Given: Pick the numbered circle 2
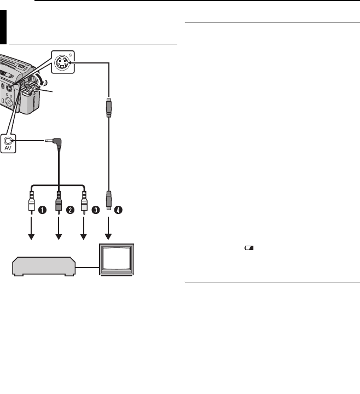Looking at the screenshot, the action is (x=71, y=208).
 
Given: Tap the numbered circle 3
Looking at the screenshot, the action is (x=96, y=208).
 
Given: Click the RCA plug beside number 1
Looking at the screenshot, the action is (x=32, y=201).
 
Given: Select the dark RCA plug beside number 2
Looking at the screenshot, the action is (x=58, y=201).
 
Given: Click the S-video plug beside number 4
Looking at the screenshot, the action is (x=109, y=200).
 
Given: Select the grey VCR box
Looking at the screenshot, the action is (x=43, y=266).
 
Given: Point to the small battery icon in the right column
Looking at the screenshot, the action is (x=249, y=247).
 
